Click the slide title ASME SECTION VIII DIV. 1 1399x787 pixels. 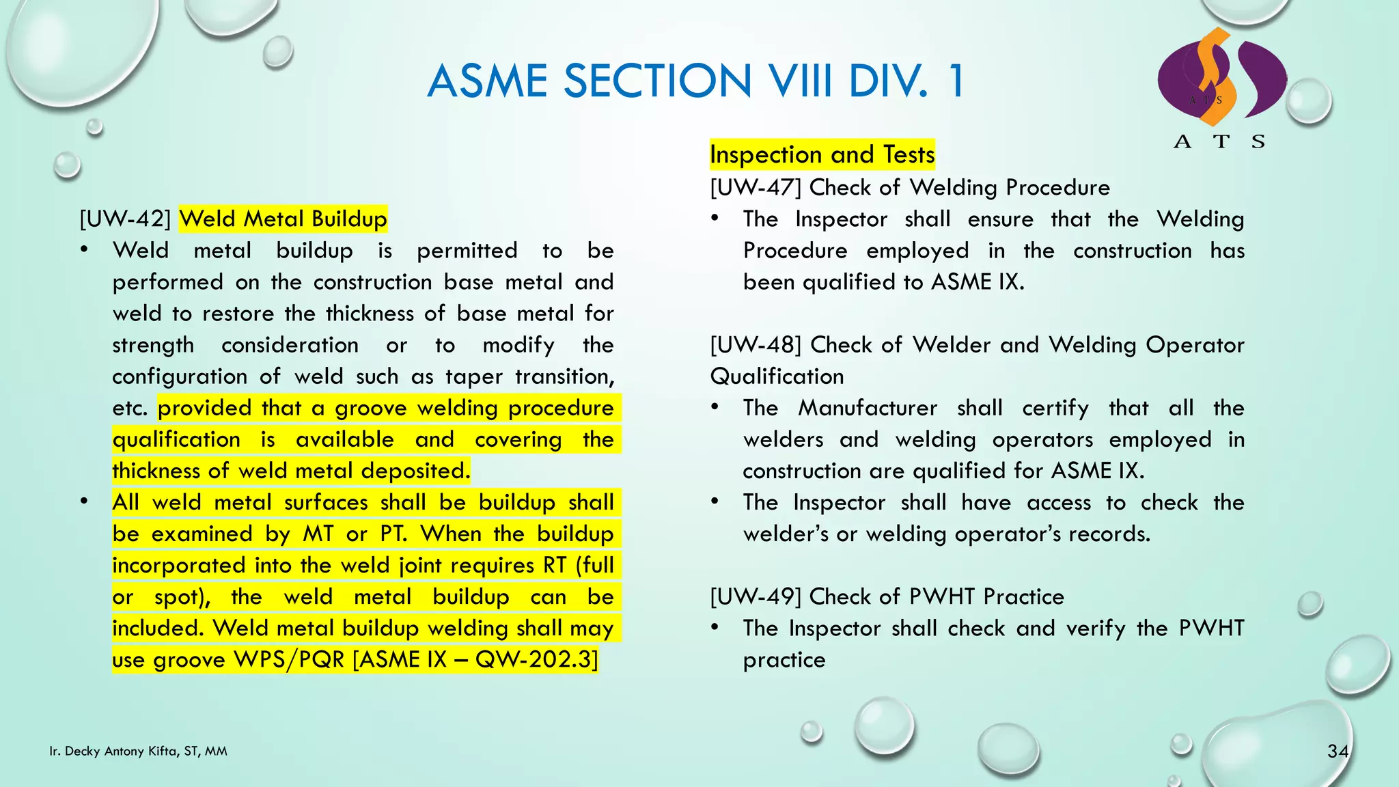[695, 81]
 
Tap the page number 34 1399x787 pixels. [1338, 751]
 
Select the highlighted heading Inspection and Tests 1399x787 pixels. [822, 155]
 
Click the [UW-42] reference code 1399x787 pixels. [124, 219]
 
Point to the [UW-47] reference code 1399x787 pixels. [756, 188]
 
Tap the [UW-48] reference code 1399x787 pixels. [756, 345]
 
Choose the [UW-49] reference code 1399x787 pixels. [756, 597]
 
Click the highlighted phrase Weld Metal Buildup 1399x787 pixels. [283, 219]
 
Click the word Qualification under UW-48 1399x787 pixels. [777, 376]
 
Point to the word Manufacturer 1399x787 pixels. [868, 409]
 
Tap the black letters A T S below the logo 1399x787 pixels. [1219, 142]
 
